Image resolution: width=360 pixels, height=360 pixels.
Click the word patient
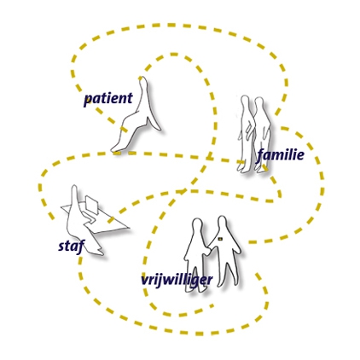point(108,99)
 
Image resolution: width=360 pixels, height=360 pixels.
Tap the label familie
point(280,155)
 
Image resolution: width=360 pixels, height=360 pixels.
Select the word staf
point(72,247)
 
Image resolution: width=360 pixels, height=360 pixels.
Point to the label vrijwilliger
point(177,280)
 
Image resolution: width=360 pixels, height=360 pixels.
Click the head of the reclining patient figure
point(143,83)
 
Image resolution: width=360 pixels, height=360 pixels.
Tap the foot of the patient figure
point(115,148)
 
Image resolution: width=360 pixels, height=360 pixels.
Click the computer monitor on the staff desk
point(92,205)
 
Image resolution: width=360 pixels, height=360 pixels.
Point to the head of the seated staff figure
point(74,191)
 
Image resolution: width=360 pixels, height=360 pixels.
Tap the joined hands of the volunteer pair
point(208,251)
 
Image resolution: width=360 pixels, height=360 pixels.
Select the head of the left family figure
point(245,102)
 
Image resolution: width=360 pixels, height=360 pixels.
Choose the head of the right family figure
point(259,103)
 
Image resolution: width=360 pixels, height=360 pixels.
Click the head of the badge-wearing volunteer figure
point(222,224)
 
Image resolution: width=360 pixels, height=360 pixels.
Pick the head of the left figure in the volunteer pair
point(197,225)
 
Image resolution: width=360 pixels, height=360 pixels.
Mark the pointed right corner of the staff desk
point(129,228)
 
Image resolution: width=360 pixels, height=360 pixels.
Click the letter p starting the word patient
point(88,101)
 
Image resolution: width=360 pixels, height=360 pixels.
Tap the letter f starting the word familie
point(260,156)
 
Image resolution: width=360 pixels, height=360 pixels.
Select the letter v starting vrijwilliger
point(145,281)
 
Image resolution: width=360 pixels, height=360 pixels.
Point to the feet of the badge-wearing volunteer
point(227,283)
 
